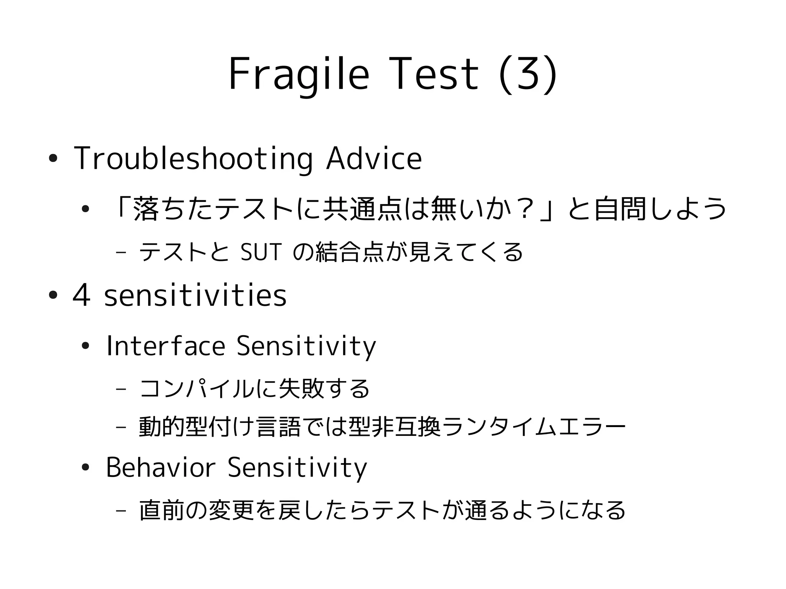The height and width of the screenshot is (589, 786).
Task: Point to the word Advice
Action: tap(374, 158)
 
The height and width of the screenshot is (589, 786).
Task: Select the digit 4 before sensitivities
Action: tap(82, 296)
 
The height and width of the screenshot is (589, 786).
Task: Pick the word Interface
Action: tap(165, 346)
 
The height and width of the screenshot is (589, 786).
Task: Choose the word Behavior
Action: tap(160, 467)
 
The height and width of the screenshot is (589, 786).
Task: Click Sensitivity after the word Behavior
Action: tap(297, 468)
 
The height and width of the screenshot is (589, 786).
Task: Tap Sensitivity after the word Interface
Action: tap(306, 346)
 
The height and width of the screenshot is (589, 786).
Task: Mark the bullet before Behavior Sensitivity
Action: tap(85, 468)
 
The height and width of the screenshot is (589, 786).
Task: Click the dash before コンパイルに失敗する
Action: tap(121, 389)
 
